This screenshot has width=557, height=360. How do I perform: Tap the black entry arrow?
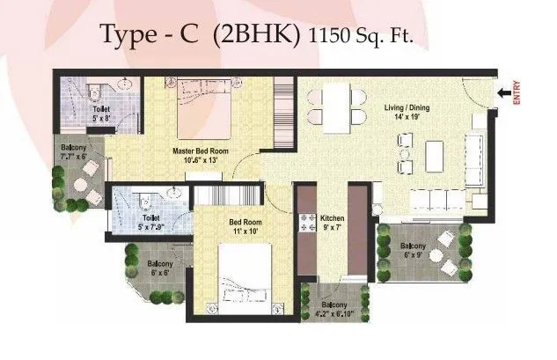[x=503, y=91]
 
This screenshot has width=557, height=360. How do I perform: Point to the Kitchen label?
[x=331, y=217]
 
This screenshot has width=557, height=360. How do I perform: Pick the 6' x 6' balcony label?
[x=159, y=273]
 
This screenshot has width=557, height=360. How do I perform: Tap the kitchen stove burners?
[x=309, y=224]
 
